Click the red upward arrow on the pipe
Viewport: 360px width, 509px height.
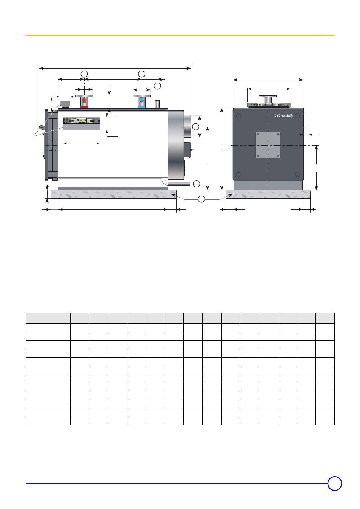pyautogui.click(x=84, y=100)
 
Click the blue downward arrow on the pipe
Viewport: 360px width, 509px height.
pyautogui.click(x=142, y=100)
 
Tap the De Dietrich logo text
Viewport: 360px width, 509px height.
pyautogui.click(x=281, y=116)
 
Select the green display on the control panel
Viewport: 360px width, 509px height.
pyautogui.click(x=82, y=120)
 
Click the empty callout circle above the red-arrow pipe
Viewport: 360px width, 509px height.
pyautogui.click(x=84, y=74)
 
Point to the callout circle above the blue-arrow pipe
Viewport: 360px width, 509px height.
pyautogui.click(x=142, y=74)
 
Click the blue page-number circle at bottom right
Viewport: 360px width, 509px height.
pyautogui.click(x=335, y=483)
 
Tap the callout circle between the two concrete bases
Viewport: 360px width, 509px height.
pyautogui.click(x=202, y=199)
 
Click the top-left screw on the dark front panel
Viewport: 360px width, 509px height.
pyautogui.click(x=238, y=116)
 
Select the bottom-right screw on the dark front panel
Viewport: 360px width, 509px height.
pyautogui.click(x=297, y=175)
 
